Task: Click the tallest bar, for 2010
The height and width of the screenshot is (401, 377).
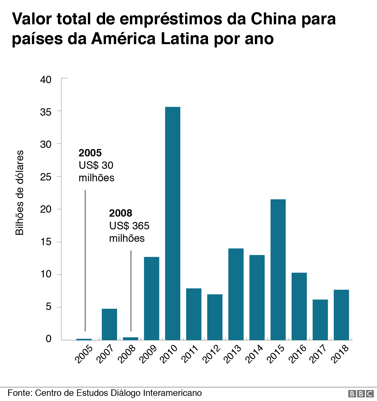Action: point(173,223)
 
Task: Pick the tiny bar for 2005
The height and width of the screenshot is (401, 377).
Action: point(84,339)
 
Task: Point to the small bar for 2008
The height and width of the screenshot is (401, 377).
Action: point(131,339)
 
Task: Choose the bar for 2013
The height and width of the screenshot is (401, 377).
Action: point(236,294)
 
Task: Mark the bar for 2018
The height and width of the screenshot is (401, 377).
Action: point(341,315)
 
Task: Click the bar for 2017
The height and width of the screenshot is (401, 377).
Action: point(320,320)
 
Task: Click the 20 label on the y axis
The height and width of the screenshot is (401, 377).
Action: point(46,210)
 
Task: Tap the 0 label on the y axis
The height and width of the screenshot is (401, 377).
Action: point(49,339)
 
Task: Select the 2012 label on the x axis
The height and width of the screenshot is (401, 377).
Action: point(212,354)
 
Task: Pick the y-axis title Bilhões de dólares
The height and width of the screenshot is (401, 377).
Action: point(19,193)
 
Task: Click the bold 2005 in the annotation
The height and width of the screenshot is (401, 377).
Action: point(90,153)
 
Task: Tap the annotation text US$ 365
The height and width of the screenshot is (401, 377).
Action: point(129,226)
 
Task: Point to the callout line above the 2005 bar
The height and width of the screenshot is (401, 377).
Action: point(85,260)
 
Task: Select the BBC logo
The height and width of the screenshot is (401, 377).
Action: point(361,394)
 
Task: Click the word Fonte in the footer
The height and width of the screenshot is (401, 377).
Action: point(20,393)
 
